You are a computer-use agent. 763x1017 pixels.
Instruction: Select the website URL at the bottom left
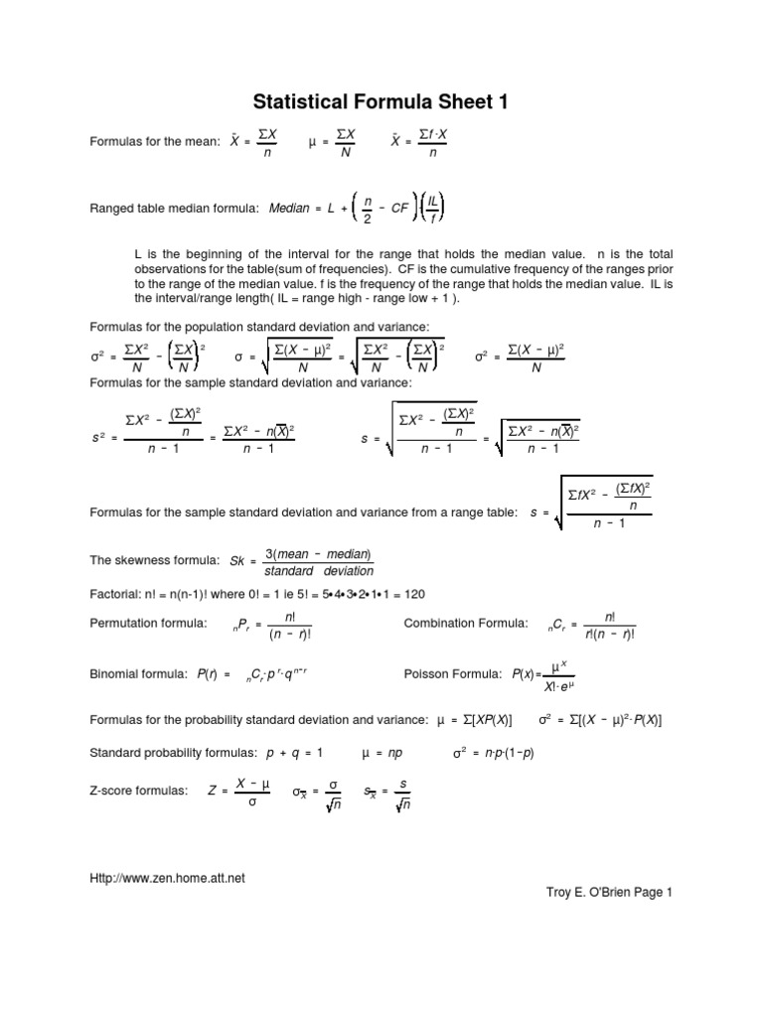point(167,877)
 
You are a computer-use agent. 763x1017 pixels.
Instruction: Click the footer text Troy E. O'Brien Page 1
point(603,893)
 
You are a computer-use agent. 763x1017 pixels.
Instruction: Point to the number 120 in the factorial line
point(414,593)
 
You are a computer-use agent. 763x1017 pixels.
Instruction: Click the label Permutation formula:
point(148,624)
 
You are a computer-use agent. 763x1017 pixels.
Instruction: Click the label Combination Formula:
point(466,624)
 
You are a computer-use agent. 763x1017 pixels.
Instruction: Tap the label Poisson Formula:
point(452,674)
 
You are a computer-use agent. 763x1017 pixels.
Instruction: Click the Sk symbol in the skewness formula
point(237,561)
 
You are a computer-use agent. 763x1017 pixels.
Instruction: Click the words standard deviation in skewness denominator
point(319,571)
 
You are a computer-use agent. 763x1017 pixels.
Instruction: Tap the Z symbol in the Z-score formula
point(212,791)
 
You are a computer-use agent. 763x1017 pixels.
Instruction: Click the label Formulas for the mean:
point(154,142)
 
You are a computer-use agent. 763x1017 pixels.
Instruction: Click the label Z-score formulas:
point(138,791)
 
